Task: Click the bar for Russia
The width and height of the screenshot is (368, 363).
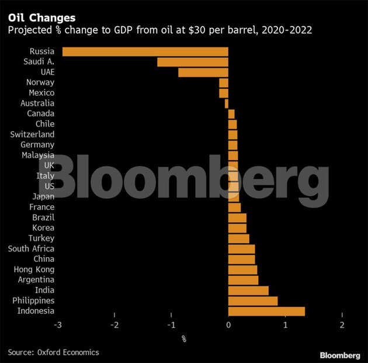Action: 145,51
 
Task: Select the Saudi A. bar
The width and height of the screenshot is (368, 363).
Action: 193,62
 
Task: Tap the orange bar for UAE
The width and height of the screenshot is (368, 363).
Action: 203,72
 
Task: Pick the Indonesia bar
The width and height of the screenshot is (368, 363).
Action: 266,311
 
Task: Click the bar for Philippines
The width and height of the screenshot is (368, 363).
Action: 253,300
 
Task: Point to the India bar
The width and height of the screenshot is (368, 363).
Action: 248,290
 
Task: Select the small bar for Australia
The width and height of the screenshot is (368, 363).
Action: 227,103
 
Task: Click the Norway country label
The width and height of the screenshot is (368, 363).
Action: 41,82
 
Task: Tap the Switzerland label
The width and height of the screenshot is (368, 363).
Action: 32,134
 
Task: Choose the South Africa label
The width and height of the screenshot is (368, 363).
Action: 31,248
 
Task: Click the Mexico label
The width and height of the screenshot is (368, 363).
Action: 41,93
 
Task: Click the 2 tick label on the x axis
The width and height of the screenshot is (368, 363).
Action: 342,325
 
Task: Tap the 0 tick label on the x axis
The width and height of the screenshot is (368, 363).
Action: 228,325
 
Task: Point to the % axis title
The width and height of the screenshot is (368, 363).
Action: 183,338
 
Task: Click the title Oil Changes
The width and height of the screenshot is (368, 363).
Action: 38,18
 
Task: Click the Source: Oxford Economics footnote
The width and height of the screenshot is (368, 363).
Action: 53,352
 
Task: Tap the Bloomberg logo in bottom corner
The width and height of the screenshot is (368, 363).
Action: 340,355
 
